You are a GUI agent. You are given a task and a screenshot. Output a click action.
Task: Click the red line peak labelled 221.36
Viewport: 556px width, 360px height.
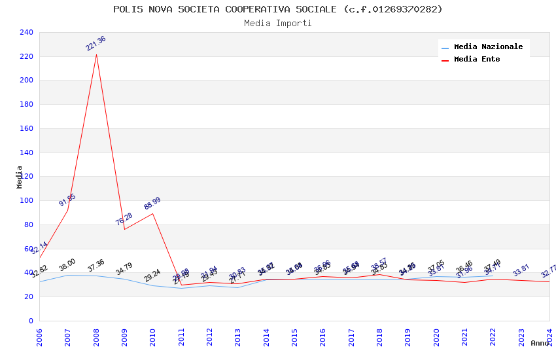(96, 54)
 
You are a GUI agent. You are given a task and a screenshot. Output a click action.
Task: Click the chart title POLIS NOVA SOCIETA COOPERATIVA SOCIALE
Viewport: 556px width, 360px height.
(277, 9)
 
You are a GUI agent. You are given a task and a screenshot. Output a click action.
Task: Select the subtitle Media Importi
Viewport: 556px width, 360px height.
(277, 23)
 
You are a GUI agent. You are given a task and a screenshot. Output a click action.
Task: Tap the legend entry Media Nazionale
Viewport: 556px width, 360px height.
(488, 47)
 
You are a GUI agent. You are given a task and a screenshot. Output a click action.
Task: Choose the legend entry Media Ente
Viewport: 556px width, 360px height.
(477, 60)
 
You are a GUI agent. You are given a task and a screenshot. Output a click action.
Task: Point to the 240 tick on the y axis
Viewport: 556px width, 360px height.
(26, 32)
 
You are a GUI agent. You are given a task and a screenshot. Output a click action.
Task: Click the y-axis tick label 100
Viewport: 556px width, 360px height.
(26, 201)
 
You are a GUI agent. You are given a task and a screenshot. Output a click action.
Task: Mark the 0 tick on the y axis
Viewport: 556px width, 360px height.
(30, 321)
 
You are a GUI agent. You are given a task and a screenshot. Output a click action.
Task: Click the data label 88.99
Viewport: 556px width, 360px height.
(152, 203)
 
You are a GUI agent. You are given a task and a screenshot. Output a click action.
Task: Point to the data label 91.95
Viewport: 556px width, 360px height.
(67, 200)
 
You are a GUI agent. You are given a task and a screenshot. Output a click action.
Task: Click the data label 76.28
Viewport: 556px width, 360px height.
(124, 219)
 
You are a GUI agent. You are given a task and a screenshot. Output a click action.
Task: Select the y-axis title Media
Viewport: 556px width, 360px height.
(19, 177)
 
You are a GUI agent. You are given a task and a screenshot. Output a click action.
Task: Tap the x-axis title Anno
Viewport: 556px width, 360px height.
(540, 343)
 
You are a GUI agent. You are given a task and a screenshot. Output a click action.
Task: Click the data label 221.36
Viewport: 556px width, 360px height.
(96, 44)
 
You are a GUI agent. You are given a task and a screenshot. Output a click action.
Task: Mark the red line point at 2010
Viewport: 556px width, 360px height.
(153, 213)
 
